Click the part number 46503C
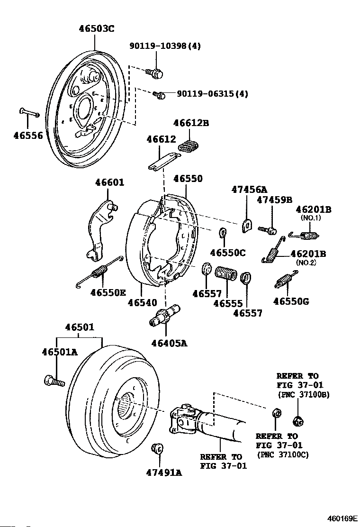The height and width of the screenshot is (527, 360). click(96, 28)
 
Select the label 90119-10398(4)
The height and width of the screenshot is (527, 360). click(165, 46)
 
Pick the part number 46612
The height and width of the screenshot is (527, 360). click(161, 139)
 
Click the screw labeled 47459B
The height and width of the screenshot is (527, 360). click(268, 229)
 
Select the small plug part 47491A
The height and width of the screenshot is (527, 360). click(158, 447)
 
